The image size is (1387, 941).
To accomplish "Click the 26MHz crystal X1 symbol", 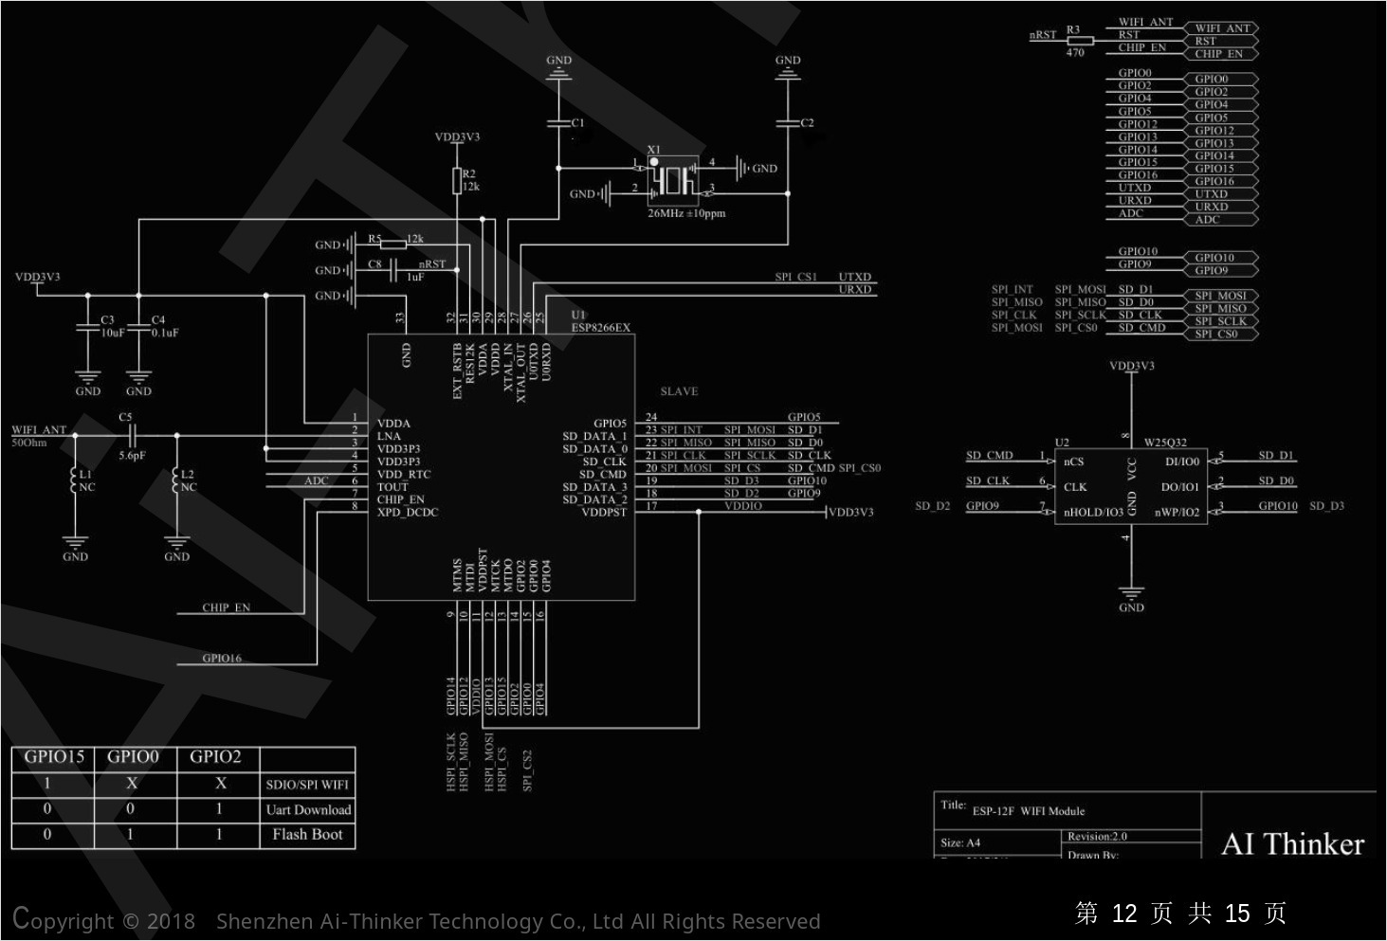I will pos(673,181).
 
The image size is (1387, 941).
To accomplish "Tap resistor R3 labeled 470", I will pos(1080,41).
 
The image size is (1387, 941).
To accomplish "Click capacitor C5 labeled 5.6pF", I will pos(132,436).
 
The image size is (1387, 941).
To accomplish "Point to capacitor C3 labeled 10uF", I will pos(87,327).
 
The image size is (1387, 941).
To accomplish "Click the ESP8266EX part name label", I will pos(600,328).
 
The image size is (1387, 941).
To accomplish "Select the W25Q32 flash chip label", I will pos(1165,443).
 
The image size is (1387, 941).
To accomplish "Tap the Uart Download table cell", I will pos(308,810).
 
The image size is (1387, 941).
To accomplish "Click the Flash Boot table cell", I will pos(307,835).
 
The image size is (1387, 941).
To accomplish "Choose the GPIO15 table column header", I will pos(54,757).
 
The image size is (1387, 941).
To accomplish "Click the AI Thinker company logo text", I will pos(1292,843).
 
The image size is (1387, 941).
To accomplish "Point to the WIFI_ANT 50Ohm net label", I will pos(39,430).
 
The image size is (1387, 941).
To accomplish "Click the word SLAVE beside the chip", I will pos(679,391).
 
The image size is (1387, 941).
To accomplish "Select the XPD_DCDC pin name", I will pos(408,513).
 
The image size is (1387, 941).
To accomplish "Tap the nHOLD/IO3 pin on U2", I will pos(1093,513).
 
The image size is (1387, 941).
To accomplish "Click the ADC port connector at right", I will pos(1220,220).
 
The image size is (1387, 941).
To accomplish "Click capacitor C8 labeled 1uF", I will pos(392,270).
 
